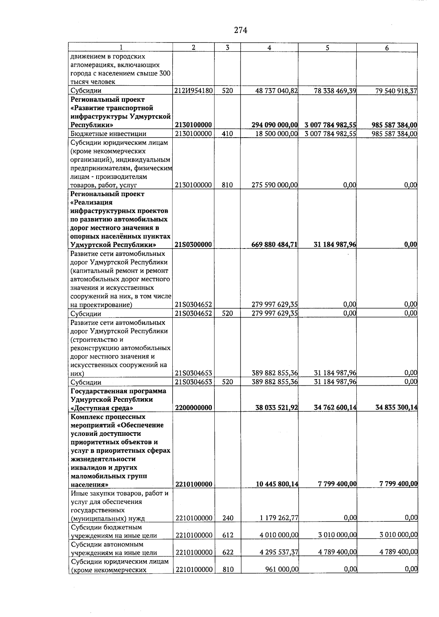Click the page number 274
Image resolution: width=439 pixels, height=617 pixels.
pos(241,31)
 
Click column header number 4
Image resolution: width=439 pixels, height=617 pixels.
pos(269,48)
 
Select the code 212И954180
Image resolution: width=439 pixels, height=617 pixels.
pos(194,91)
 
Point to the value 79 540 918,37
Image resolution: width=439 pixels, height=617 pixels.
pos(396,91)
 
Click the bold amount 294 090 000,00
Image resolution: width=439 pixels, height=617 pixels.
pos(274,126)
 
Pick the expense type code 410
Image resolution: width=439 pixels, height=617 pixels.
pos(227,134)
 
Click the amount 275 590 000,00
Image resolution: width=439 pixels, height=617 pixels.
pos(274,185)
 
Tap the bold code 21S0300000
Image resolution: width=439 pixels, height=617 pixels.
pos(194,245)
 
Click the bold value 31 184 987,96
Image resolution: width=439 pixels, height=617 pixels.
pos(335,245)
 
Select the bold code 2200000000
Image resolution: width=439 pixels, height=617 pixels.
pos(194,408)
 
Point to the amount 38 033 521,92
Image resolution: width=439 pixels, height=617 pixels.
pos(277,408)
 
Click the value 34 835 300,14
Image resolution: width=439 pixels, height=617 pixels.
pos(397,408)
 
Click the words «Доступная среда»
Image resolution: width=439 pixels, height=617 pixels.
pos(102,408)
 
